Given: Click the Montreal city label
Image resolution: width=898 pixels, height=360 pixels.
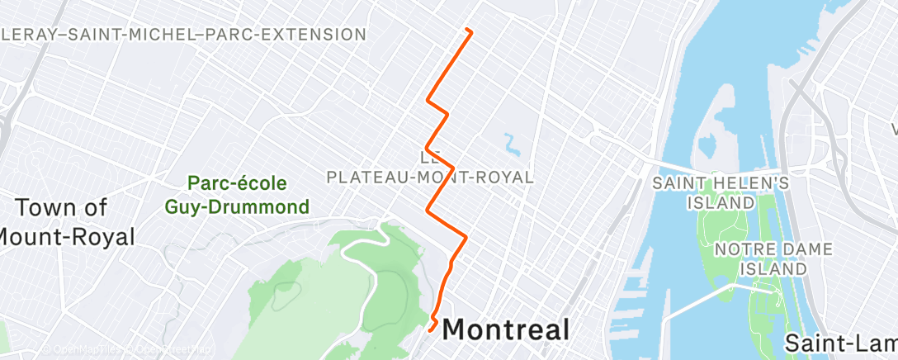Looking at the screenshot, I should tap(506, 329).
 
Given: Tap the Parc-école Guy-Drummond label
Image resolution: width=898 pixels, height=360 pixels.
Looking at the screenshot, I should tap(237, 194).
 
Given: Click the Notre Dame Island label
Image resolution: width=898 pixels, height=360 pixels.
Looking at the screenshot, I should tap(762, 258).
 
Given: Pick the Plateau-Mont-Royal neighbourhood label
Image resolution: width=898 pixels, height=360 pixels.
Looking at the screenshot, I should tap(430, 177).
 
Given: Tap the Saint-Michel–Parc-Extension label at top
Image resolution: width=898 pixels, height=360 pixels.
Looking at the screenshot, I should tap(183, 35).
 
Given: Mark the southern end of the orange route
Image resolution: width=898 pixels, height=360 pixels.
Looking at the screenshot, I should tap(432, 328).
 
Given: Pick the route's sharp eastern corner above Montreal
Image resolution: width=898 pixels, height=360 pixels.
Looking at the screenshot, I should tap(466, 237).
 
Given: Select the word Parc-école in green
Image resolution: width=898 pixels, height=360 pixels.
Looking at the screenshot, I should tap(237, 182).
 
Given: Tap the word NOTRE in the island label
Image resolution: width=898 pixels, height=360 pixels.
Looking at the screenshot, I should tap(738, 249).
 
